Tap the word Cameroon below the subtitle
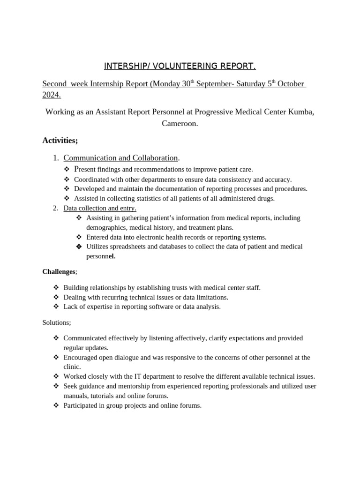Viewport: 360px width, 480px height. click(180, 124)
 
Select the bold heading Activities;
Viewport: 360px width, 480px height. click(60, 140)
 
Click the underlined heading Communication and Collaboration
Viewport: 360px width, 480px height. click(120, 158)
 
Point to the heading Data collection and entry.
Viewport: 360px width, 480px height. click(100, 208)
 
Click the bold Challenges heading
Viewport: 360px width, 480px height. click(59, 271)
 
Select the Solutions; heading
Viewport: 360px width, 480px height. click(57, 322)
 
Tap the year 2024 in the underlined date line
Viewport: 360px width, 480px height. click(51, 95)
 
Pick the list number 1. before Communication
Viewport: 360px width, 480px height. click(56, 158)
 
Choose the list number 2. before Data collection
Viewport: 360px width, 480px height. click(56, 208)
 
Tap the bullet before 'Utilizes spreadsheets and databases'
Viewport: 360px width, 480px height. click(79, 247)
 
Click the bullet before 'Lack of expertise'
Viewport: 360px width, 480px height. click(56, 307)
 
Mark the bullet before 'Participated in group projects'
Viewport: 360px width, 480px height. click(56, 405)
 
